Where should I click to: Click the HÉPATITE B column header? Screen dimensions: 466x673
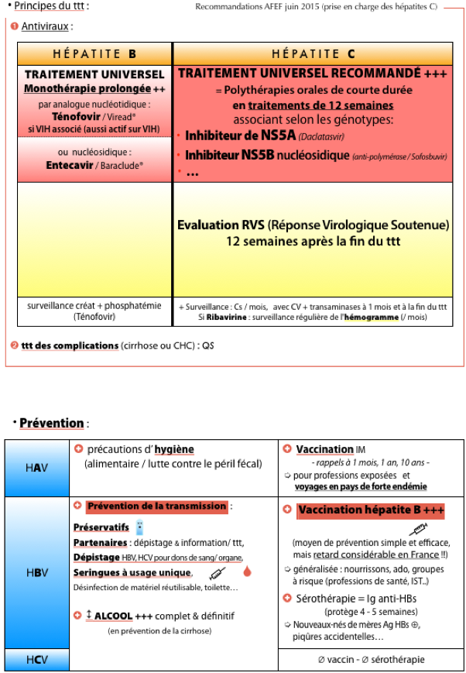pos(94,54)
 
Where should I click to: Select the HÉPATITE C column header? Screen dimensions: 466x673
pos(314,54)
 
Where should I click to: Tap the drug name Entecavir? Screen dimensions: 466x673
pos(70,165)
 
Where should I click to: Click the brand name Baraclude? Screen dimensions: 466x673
pos(122,166)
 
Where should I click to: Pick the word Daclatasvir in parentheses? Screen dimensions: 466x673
pos(322,137)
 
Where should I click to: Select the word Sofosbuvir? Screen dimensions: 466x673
pos(430,157)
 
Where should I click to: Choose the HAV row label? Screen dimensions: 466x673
pos(37,468)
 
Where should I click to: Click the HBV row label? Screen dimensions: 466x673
pos(37,572)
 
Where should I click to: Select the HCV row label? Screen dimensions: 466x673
pos(37,660)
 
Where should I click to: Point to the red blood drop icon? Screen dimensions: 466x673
pos(247,572)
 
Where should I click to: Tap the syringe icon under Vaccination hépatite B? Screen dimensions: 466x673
pos(418,528)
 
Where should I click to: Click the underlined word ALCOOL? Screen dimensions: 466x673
pos(113,616)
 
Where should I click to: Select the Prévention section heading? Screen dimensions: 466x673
pos(52,423)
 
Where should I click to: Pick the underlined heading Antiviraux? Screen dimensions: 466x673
pos(45,26)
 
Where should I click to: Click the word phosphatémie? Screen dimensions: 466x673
pos(133,306)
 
